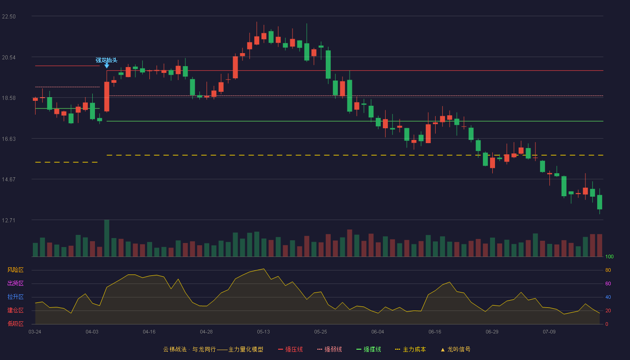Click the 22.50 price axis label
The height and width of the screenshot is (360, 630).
[9, 17]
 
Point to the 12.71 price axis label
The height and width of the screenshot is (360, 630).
[9, 220]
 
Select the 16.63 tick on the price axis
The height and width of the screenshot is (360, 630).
[9, 139]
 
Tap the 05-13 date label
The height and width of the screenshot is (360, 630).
[263, 332]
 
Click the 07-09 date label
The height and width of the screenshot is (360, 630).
[549, 332]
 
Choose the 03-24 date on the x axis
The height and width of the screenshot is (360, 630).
[35, 332]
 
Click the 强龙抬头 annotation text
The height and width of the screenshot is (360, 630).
[106, 60]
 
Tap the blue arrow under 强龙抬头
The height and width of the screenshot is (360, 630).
[107, 66]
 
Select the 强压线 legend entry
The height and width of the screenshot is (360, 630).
[291, 349]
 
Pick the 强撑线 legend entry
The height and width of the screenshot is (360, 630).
[369, 349]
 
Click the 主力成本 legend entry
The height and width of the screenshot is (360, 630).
[410, 349]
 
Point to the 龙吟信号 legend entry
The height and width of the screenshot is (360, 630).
[455, 349]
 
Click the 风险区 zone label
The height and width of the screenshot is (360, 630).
[15, 270]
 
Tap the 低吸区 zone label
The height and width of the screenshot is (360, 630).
[15, 324]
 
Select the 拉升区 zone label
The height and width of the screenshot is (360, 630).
[15, 297]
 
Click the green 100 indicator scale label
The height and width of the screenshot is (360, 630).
[609, 256]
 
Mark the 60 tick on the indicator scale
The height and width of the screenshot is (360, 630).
[608, 283]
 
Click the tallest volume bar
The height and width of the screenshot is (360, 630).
[107, 238]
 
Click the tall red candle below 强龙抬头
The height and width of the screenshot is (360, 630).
[107, 97]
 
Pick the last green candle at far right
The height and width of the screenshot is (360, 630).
[599, 202]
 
